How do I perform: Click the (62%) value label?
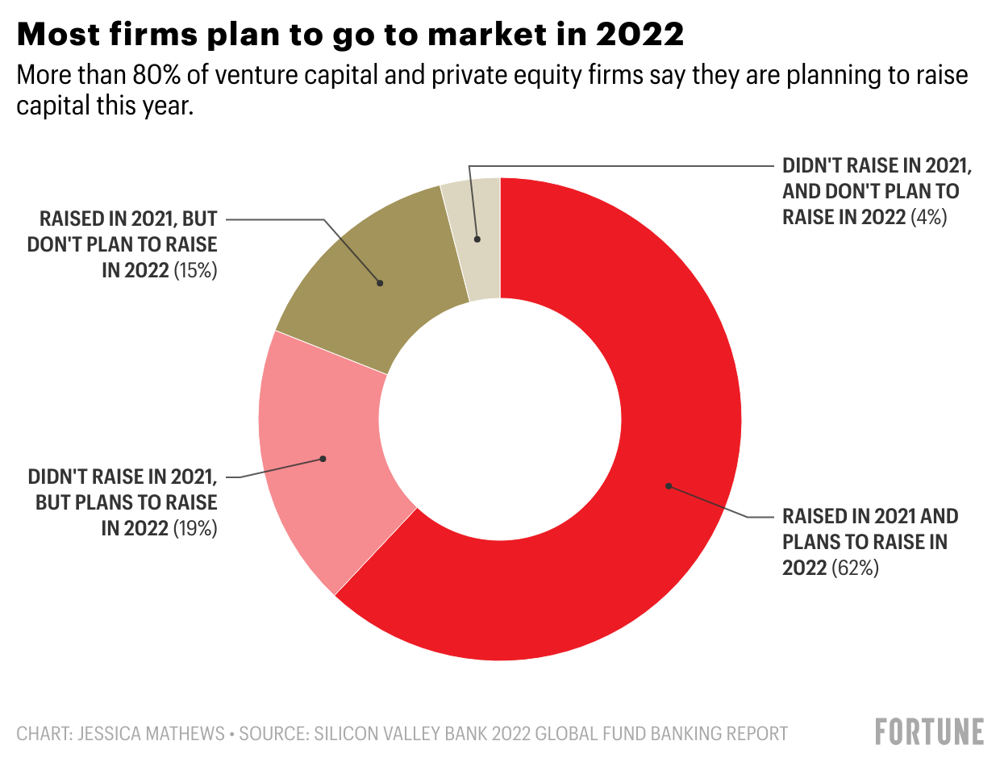point(855,568)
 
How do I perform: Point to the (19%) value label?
point(195,529)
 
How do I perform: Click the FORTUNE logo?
point(929,731)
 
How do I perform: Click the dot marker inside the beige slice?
point(477,239)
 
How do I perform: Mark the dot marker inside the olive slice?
point(380,282)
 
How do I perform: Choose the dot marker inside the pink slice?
point(323,459)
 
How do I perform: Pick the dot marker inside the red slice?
point(668,485)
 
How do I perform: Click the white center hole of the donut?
point(500,419)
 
